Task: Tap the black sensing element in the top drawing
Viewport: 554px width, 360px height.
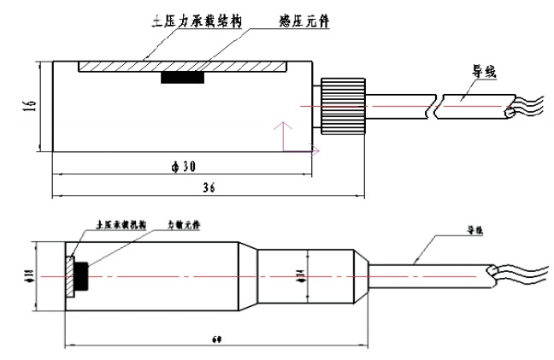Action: (x=183, y=78)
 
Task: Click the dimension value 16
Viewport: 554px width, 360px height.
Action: (x=29, y=107)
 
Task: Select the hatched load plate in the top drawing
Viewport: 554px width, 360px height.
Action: (x=180, y=66)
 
